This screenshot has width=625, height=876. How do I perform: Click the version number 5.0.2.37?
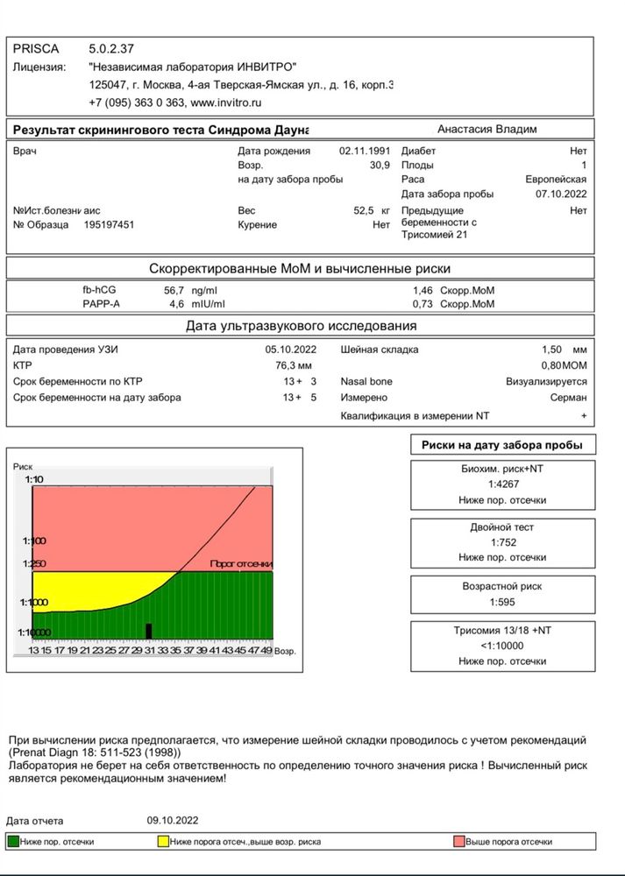pyautogui.click(x=111, y=49)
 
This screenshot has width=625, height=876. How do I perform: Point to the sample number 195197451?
pyautogui.click(x=110, y=225)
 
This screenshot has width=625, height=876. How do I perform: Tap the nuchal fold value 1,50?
pyautogui.click(x=554, y=349)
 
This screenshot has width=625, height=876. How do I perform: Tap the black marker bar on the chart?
pyautogui.click(x=149, y=630)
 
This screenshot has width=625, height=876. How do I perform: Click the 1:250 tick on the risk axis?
pyautogui.click(x=35, y=564)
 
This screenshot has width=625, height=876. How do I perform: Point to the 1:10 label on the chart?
pyautogui.click(x=35, y=480)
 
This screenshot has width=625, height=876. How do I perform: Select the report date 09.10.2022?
pyautogui.click(x=173, y=820)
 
